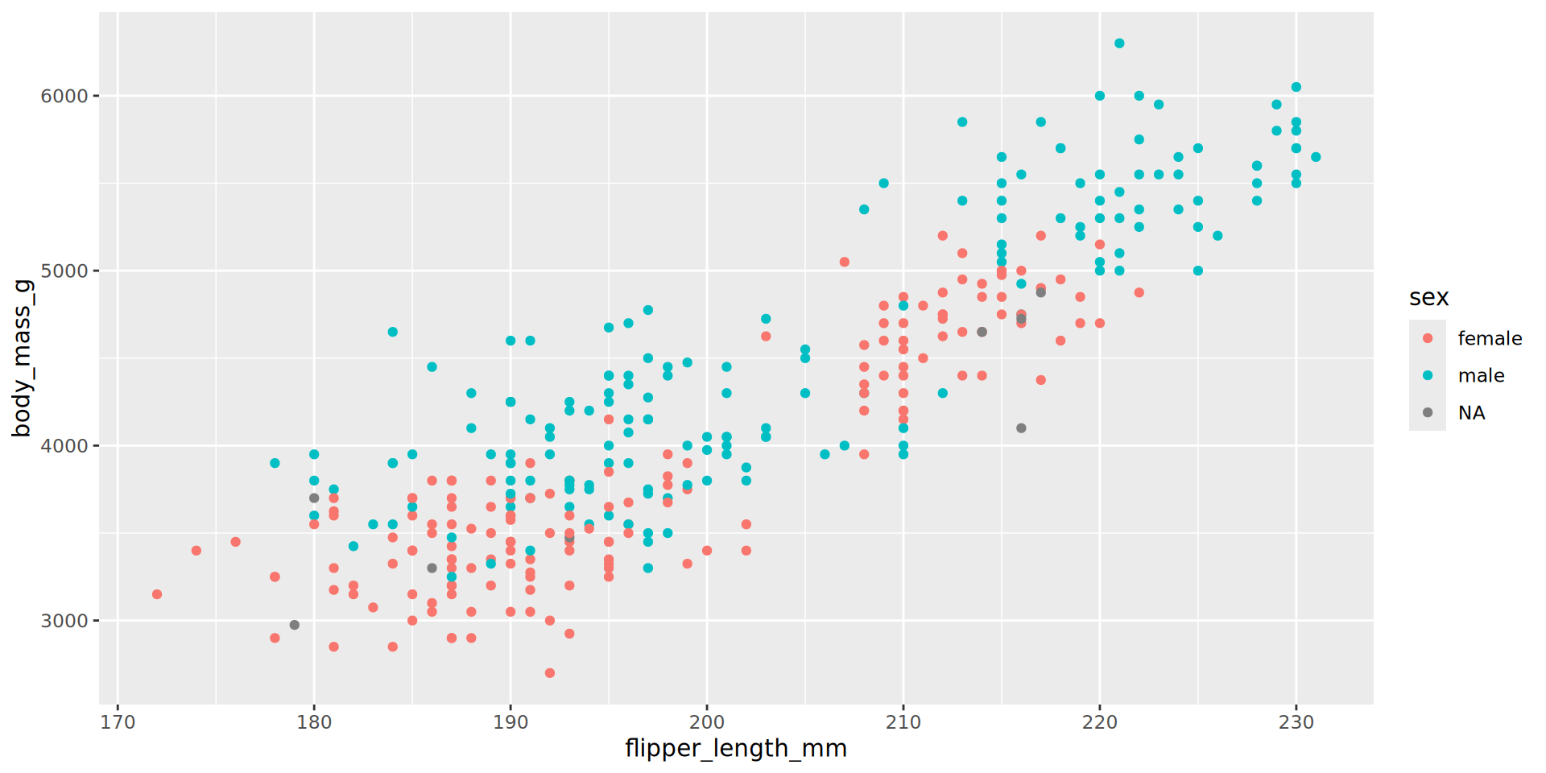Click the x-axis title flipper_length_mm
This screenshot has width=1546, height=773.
coord(735,749)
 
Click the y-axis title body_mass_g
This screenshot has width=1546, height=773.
coord(22,358)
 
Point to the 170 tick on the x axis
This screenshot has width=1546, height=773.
coord(118,722)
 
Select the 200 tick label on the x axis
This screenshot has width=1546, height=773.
coord(707,722)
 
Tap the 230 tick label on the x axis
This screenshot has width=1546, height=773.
coord(1296,722)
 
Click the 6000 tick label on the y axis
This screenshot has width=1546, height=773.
coord(64,96)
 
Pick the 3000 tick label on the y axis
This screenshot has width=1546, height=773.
coord(64,621)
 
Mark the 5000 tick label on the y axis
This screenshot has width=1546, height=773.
coord(64,271)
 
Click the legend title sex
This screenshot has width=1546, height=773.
coord(1428,298)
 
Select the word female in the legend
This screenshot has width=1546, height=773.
coord(1490,339)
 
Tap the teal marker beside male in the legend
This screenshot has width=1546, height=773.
coord(1428,375)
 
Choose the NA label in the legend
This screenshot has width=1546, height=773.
coord(1471,413)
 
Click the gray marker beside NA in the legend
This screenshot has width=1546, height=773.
coord(1428,412)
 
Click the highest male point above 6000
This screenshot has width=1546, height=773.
coord(1119,43)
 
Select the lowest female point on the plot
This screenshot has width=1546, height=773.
coord(550,673)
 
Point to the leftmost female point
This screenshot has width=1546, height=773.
coord(157,594)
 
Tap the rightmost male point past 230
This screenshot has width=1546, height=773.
coord(1316,157)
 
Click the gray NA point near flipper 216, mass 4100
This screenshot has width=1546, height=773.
coord(1021,428)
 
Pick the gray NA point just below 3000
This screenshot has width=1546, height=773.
coord(295,625)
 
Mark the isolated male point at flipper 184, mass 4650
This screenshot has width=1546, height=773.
coord(393,332)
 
